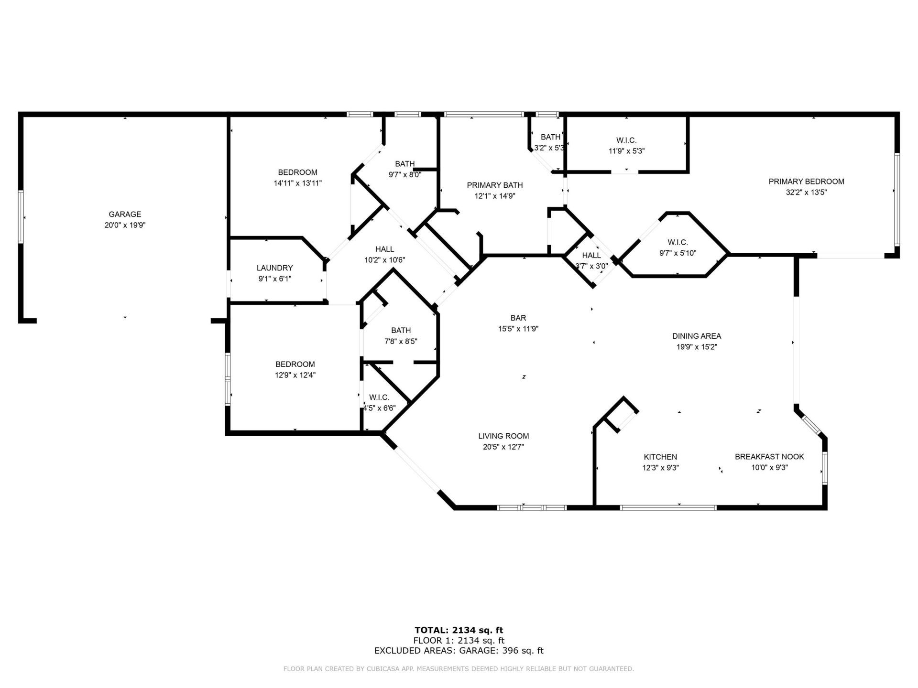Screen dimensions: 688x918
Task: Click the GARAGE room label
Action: point(125,214)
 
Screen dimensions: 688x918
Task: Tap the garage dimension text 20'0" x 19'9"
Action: point(125,225)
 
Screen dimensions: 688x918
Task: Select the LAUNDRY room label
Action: point(274,268)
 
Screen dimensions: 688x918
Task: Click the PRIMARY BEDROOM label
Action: point(806,182)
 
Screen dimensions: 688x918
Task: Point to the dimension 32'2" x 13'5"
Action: point(806,193)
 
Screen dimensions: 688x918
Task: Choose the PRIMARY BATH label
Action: point(494,185)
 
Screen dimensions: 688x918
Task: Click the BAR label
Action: point(518,318)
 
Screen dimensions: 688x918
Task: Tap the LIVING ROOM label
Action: point(503,436)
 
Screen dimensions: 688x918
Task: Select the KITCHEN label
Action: point(660,457)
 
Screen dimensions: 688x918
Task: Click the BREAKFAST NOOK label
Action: point(769,457)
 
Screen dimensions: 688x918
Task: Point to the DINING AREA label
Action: point(696,336)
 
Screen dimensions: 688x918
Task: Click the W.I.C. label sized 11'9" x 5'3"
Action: point(626,140)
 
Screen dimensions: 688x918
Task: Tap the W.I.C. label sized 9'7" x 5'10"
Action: point(678,243)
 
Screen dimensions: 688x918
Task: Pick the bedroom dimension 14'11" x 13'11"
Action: point(297,183)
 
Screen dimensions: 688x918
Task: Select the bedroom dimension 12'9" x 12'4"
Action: point(295,375)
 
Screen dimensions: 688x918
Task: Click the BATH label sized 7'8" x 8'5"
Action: point(401,330)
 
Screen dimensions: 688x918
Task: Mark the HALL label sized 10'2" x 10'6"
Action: point(384,249)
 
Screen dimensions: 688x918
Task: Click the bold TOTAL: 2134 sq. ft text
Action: point(459,630)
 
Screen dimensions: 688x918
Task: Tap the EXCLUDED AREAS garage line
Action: point(459,651)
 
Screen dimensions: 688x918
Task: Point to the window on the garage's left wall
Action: point(21,217)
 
